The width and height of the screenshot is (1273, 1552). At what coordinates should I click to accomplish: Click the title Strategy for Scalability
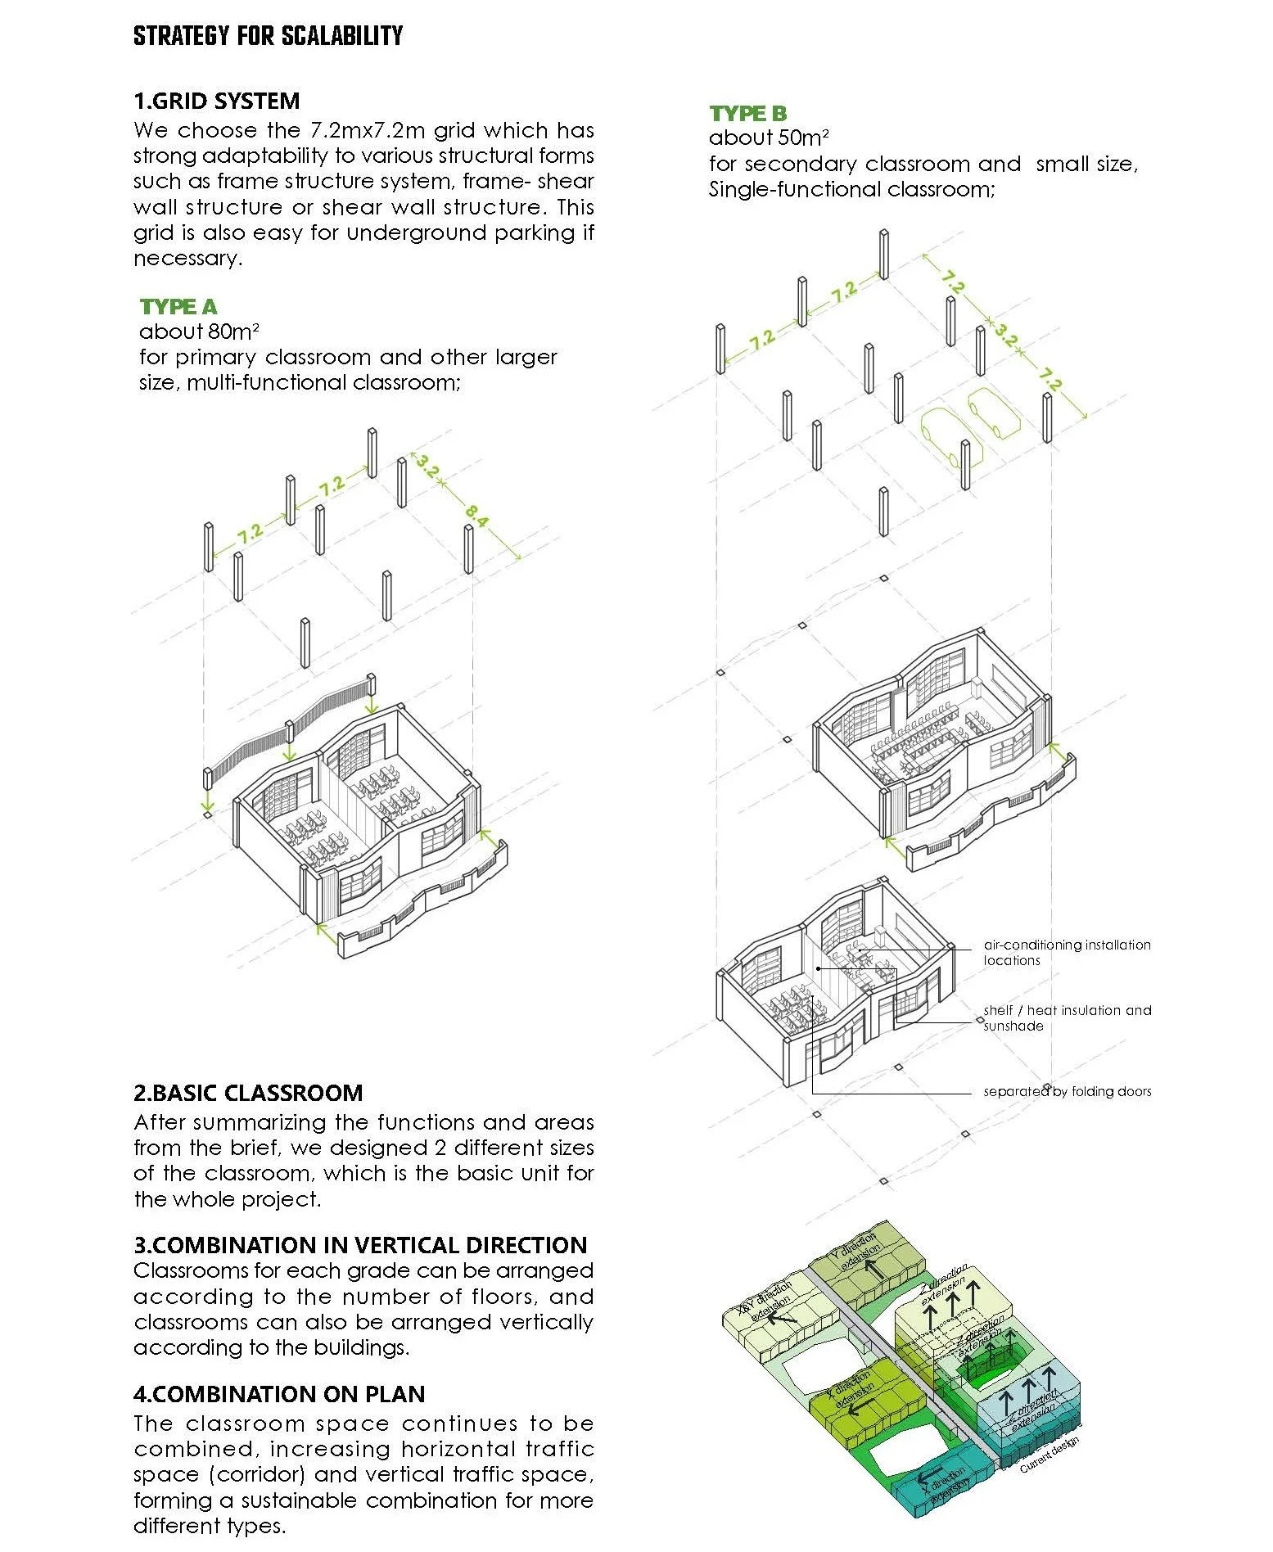(268, 36)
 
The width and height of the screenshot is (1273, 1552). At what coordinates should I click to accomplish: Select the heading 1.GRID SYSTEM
(216, 101)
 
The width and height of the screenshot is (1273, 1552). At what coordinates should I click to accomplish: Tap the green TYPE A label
(178, 307)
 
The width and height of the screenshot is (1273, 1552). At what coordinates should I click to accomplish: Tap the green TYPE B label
(747, 114)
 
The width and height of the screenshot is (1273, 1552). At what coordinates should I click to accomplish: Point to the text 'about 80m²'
(199, 332)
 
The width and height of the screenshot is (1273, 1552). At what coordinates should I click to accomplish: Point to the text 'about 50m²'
(768, 138)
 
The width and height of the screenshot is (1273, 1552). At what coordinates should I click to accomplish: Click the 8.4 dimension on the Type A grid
(477, 515)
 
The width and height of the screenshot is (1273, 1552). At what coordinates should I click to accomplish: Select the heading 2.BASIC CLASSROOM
(248, 1093)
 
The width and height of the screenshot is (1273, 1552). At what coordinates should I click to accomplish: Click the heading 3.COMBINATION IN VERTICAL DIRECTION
(360, 1245)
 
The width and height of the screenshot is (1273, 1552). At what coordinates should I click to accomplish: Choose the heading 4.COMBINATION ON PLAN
(279, 1394)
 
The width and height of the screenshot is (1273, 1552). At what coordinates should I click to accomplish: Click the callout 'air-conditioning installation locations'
(1067, 952)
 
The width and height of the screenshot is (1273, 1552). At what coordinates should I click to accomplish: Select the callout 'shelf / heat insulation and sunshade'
(1067, 1017)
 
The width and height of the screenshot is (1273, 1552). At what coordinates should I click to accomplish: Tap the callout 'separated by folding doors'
(1067, 1091)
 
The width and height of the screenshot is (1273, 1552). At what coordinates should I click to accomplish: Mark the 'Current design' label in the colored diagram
(1050, 1454)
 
